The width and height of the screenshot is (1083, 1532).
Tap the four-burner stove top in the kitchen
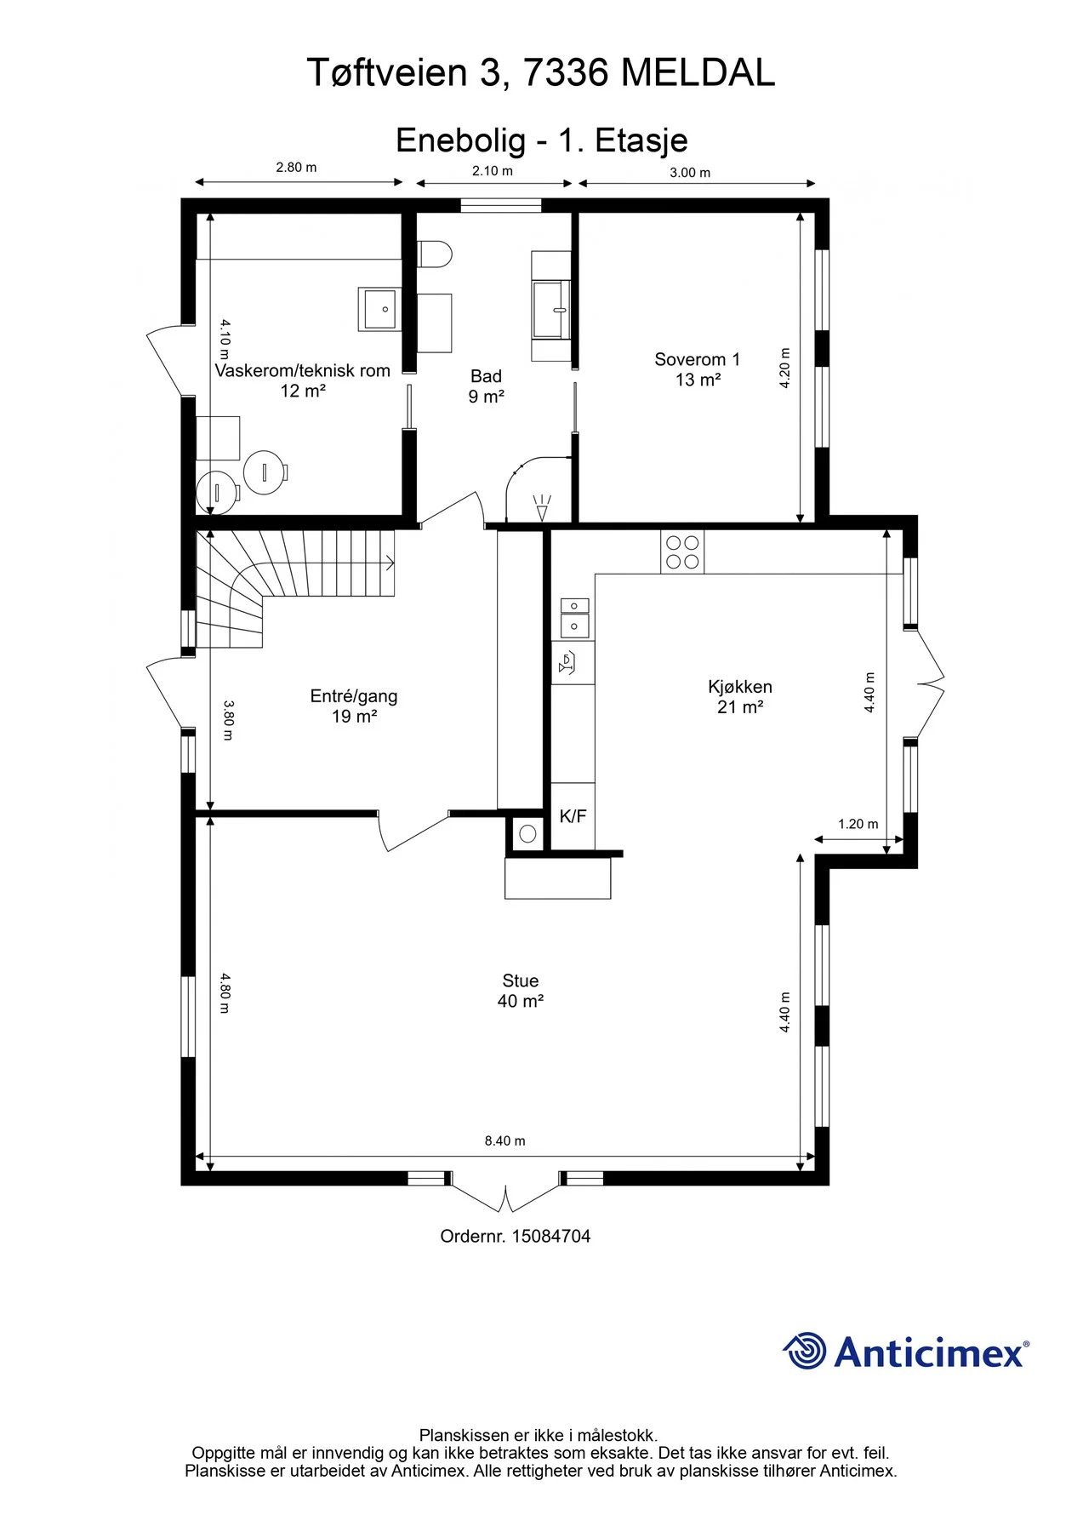pos(682,552)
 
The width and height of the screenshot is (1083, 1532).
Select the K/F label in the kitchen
pos(573,816)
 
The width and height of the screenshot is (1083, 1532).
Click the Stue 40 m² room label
pos(521,991)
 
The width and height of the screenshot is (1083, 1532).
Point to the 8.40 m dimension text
pos(504,1140)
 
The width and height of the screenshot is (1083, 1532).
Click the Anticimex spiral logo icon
pos(804,1352)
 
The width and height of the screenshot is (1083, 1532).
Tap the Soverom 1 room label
pos(697,359)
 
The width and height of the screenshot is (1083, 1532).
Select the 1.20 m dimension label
pos(858,824)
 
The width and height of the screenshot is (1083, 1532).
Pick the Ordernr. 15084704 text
pos(515,1236)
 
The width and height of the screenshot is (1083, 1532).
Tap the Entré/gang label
pos(353,696)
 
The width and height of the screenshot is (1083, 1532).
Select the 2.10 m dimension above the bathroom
pos(493,171)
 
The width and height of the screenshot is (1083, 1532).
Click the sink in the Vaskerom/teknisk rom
pos(380,309)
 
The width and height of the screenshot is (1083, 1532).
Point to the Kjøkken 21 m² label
pos(740,696)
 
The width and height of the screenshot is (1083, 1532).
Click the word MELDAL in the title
pos(698,73)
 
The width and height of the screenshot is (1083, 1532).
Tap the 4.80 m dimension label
pos(225,993)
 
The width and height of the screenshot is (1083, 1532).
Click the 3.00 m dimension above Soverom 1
pos(690,173)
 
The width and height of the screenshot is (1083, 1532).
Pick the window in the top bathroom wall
pos(501,205)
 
